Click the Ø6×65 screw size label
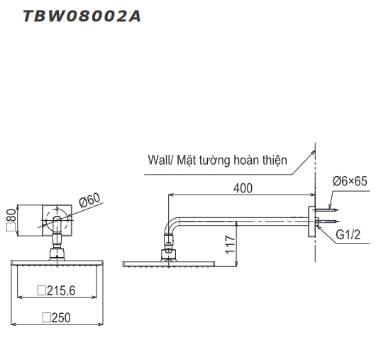pos(350,182)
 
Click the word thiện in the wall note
pos(272,160)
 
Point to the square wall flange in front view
pos(56,219)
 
